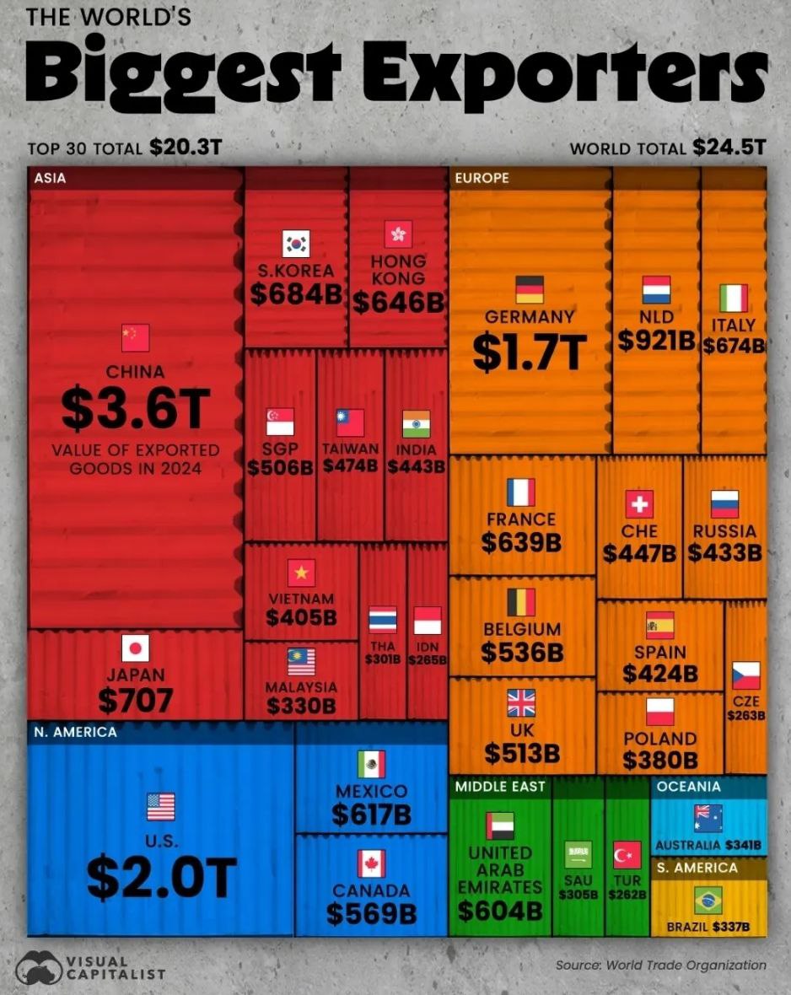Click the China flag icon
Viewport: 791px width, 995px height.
[135, 338]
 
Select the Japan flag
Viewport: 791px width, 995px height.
[135, 648]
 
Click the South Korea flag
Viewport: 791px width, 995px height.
[296, 244]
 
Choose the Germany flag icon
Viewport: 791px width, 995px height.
[530, 289]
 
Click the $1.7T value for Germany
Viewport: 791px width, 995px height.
[529, 352]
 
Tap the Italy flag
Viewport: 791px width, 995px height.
[733, 298]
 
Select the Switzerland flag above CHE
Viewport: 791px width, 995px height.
[639, 504]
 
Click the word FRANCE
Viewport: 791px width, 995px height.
[521, 519]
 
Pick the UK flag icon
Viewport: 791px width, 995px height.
[521, 702]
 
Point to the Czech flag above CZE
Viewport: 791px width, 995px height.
[745, 675]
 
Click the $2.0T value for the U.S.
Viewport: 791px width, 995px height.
[161, 876]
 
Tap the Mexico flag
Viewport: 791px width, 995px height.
[371, 764]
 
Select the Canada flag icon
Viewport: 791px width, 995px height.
[371, 863]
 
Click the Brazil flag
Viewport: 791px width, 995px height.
[708, 900]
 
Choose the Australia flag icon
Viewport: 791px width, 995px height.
[708, 818]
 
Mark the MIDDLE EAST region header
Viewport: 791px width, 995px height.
[501, 787]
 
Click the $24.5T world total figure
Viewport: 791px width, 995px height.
[729, 148]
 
